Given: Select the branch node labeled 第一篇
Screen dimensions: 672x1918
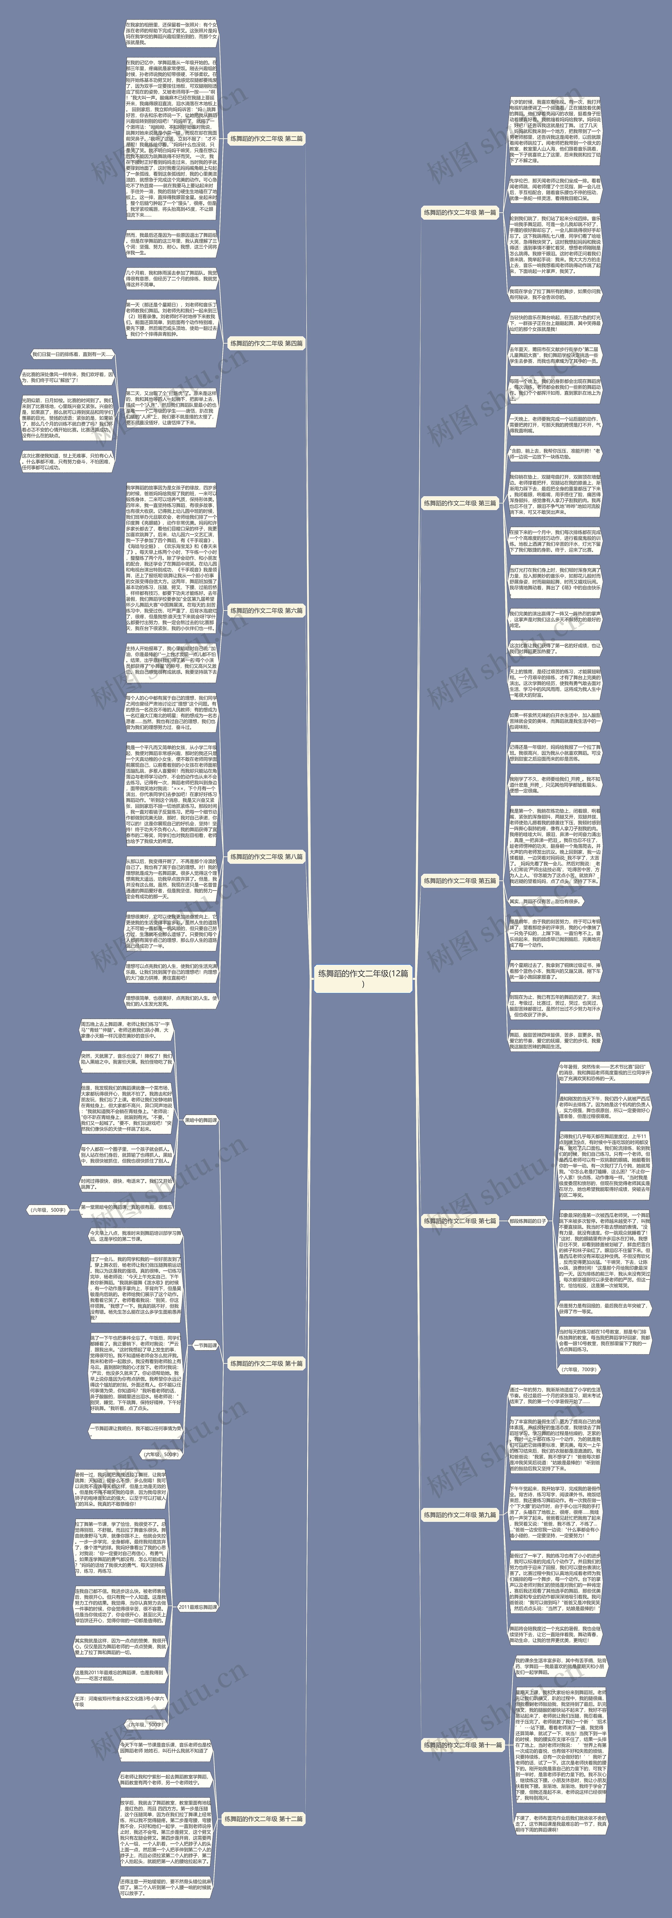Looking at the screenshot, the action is point(459,212).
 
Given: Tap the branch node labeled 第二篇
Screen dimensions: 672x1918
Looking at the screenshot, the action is point(266,138).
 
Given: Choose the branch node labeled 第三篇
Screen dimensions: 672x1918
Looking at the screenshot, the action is point(459,503).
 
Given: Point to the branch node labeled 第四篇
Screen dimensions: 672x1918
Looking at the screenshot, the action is point(266,344).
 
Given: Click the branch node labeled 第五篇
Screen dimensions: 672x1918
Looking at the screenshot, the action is point(459,881).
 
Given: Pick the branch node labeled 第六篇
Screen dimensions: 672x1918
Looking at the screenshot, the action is point(266,610).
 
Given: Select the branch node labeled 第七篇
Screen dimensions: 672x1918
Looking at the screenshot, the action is point(459,1221).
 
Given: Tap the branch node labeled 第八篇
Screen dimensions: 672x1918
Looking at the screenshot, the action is point(266,857).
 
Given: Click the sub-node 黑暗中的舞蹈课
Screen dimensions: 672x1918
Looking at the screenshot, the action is point(200,1120).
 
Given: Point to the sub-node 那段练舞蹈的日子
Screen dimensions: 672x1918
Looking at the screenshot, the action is point(528,1221).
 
